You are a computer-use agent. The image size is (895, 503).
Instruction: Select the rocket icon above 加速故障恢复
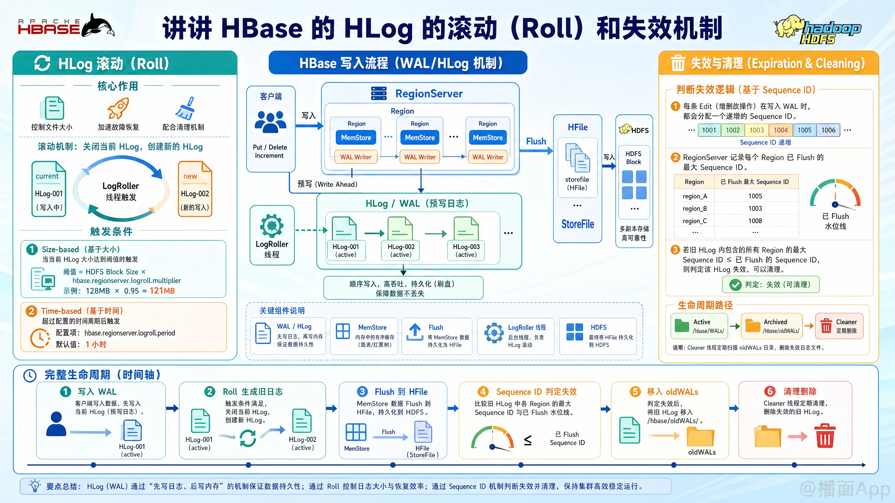coord(118,108)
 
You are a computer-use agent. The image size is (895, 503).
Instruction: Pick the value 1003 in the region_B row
coord(755,208)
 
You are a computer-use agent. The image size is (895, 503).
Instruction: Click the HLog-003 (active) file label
coord(466,250)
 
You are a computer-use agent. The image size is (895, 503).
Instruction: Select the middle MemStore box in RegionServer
coord(420,137)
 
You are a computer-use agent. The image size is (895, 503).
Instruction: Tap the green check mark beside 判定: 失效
coord(735,285)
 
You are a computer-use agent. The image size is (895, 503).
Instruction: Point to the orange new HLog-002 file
coord(195,189)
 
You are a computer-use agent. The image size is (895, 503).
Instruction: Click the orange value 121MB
coord(162,291)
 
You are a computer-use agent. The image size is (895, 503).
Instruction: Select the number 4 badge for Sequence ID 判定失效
coord(483,391)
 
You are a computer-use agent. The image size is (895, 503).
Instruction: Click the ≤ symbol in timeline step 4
coord(527,440)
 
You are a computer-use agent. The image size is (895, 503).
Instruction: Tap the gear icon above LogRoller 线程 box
coord(272,226)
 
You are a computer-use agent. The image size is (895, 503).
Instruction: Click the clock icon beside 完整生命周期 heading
coord(30,375)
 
